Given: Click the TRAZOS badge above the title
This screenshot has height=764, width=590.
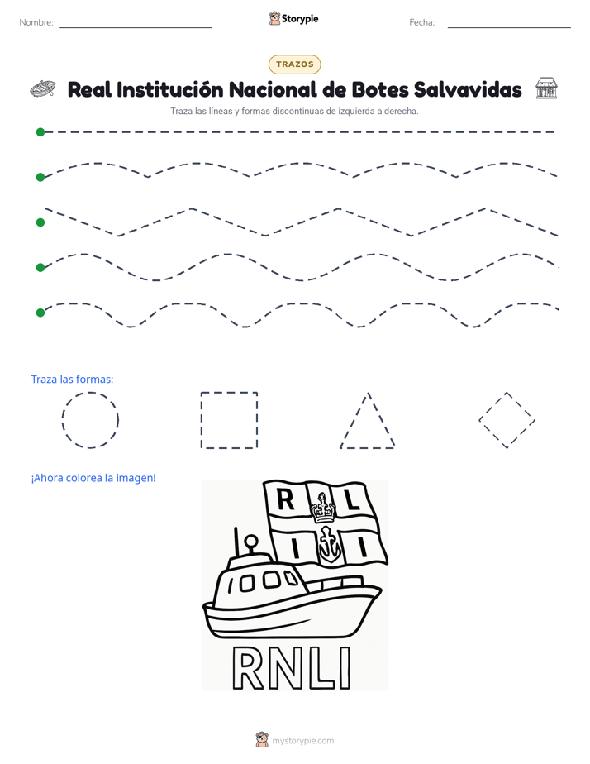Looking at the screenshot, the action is click(294, 64).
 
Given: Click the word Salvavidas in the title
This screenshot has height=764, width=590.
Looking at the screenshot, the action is click(468, 89).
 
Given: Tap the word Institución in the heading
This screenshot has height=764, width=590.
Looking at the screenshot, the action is click(169, 89).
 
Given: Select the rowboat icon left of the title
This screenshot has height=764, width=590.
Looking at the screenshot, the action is click(42, 88).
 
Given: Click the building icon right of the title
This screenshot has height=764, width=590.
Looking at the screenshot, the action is click(546, 88).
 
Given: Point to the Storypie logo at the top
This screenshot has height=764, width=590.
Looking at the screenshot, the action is click(293, 18).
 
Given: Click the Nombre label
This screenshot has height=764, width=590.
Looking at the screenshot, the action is click(36, 22).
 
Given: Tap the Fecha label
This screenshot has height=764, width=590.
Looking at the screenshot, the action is click(421, 22).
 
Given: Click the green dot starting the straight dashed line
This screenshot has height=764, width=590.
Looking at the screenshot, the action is click(40, 132).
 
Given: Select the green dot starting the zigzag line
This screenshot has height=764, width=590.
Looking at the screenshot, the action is click(40, 222).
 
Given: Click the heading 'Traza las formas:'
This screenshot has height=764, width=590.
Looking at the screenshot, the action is click(72, 379).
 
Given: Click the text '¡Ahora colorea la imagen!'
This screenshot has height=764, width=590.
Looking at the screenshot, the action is click(93, 478).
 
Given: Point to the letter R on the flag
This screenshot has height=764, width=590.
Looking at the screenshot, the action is click(285, 499).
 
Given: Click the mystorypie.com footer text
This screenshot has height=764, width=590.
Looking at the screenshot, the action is click(302, 741).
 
